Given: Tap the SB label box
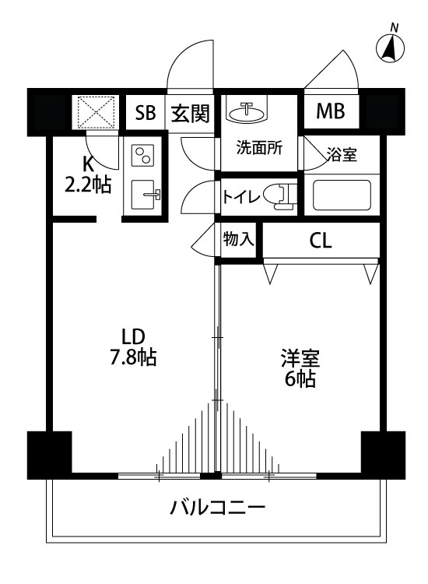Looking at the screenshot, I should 146,113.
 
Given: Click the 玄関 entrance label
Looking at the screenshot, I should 190,113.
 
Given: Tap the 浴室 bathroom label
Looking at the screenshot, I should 342,154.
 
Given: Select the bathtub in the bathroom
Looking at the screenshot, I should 342,195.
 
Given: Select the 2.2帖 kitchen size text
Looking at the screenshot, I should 87,185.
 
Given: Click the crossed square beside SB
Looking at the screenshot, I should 94,111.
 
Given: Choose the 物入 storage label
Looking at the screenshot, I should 239,239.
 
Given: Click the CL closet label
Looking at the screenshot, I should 321,241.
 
